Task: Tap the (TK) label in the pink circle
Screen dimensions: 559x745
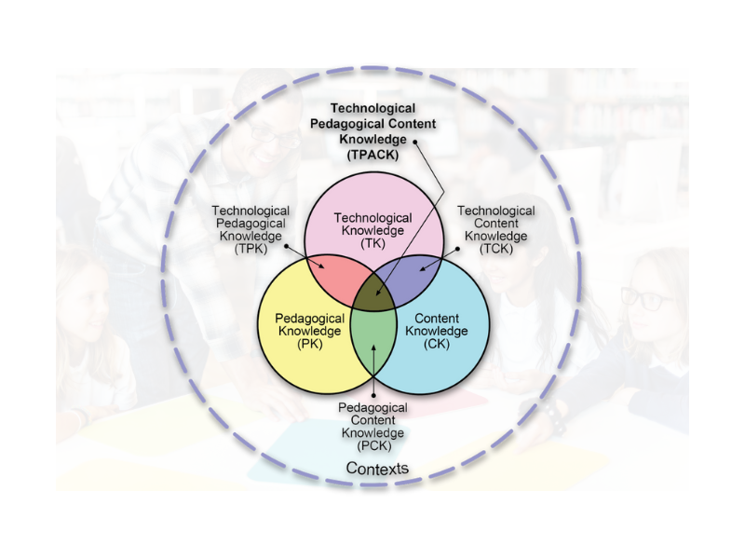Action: point(372,242)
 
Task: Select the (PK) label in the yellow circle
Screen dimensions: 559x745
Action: point(310,345)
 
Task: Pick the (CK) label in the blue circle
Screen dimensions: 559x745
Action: point(436,344)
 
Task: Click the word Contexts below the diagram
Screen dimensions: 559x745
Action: point(377,468)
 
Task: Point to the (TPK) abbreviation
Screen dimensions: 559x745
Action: point(251,250)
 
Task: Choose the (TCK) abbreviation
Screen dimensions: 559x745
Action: point(496,249)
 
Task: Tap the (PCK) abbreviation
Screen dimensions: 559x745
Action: point(372,446)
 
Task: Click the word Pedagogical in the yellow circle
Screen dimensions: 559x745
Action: point(310,318)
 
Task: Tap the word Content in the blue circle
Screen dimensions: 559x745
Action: point(436,318)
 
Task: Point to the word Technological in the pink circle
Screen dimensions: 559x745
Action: point(372,217)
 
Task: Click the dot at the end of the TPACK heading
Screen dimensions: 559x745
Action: point(415,141)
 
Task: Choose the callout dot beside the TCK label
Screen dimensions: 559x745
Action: point(461,247)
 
